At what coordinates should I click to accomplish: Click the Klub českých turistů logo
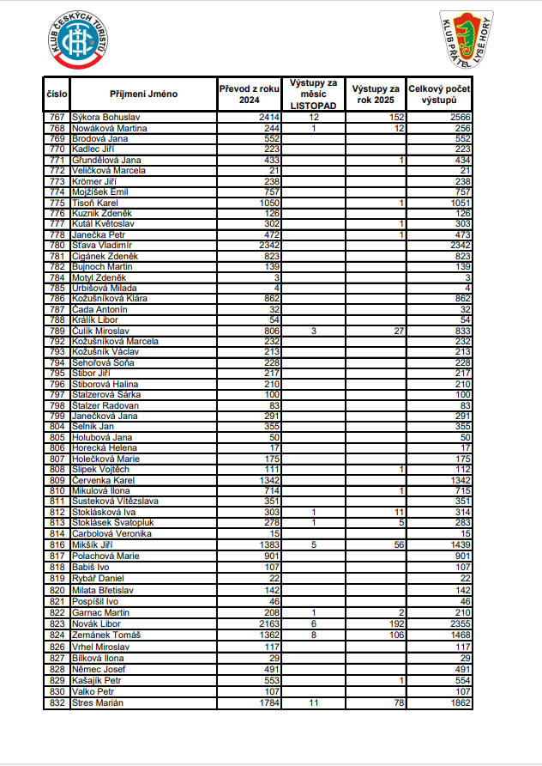[81, 40]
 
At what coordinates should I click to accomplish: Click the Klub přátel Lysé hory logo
[466, 40]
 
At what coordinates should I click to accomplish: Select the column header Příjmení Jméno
[143, 94]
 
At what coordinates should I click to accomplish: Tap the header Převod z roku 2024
[249, 94]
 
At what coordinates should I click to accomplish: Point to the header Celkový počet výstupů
[438, 94]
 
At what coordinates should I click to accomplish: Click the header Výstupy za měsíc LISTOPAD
[314, 94]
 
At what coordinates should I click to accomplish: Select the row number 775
[57, 202]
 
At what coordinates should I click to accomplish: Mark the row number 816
[57, 544]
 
